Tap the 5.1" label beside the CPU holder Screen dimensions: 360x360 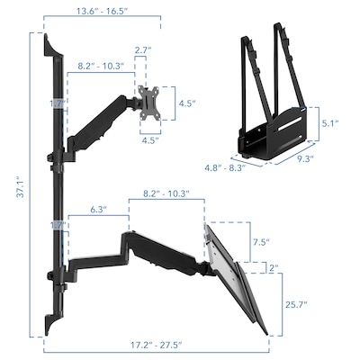(x=330, y=122)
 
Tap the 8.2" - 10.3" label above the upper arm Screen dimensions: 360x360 (x=101, y=67)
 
